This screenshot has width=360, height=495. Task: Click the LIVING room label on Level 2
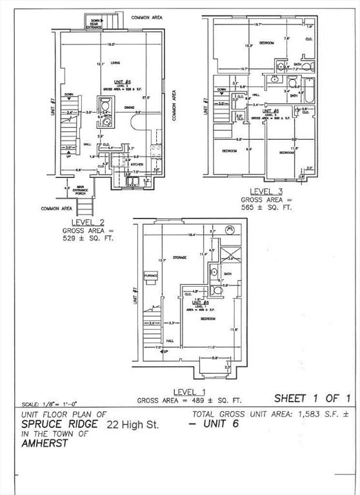pos(116,63)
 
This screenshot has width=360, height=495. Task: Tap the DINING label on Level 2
pos(129,107)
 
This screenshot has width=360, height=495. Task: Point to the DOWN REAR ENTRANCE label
pos(95,24)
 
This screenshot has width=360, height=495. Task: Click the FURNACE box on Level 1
pos(150,276)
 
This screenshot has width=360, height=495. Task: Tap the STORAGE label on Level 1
pos(179,257)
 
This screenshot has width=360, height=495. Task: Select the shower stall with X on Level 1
pos(228,251)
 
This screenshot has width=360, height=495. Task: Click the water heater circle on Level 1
pos(230,229)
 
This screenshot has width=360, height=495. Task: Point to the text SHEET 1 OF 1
pos(312,398)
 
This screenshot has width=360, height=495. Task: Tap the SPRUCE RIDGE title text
pos(60,425)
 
